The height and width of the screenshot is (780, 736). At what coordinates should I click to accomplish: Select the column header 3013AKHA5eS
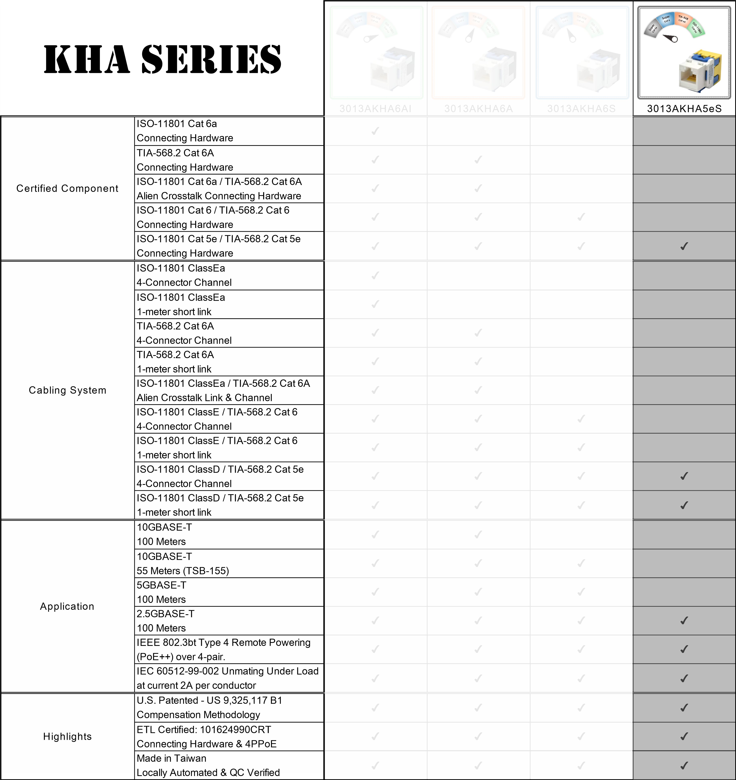coord(684,109)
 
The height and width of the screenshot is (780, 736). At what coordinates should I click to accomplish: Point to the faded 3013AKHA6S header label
coord(581,109)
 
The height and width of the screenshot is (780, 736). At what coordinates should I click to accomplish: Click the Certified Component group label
coord(67,188)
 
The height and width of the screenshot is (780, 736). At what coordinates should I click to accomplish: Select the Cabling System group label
coord(67,390)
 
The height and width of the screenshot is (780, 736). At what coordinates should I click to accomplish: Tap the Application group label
coord(67,606)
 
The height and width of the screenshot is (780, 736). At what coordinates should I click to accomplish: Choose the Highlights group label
coord(67,736)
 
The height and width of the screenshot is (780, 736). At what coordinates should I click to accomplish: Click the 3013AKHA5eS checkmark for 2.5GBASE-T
coord(684,620)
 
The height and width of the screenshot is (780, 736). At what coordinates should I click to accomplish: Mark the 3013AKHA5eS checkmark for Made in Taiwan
coord(684,765)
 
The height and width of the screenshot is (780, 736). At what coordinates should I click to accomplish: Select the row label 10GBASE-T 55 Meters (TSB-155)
coord(183,563)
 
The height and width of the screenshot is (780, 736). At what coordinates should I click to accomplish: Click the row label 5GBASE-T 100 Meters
coord(161,592)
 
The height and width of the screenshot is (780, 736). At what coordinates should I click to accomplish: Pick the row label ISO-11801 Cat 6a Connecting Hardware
coord(185,131)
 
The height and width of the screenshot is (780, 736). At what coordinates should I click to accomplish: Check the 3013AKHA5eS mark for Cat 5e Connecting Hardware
coord(684,246)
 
